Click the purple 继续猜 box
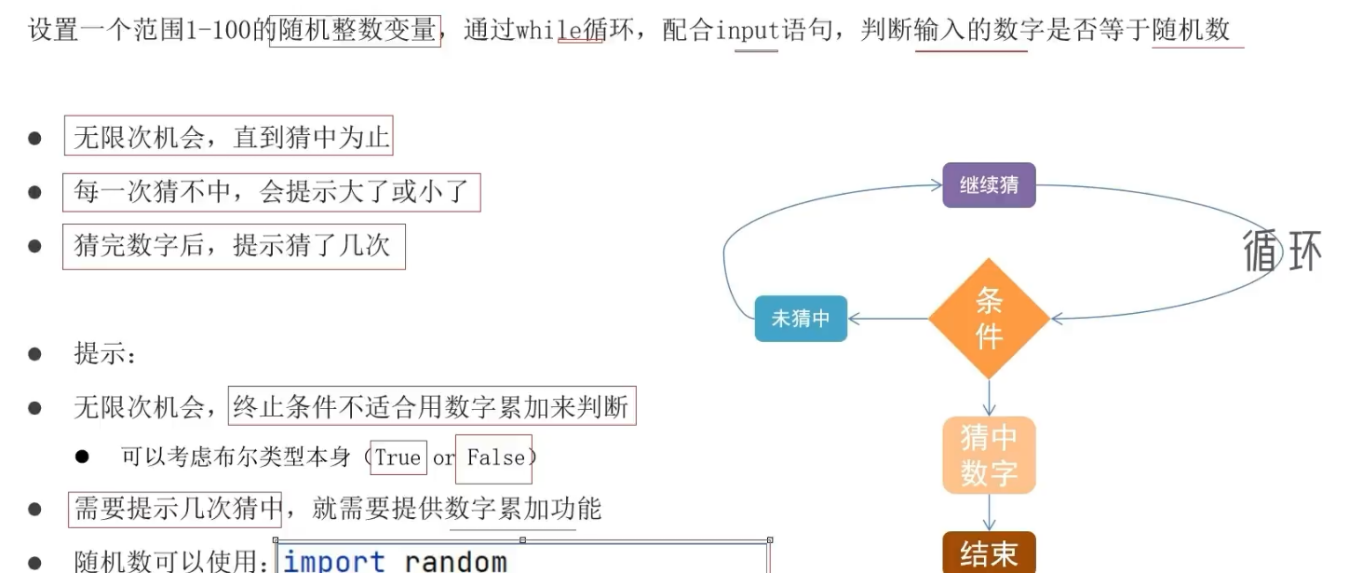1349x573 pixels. (x=989, y=184)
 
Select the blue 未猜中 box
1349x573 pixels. (x=801, y=319)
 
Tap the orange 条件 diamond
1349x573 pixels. (x=989, y=318)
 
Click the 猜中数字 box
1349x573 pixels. (x=989, y=456)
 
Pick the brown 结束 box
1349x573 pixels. (x=989, y=553)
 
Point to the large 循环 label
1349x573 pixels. (x=1282, y=250)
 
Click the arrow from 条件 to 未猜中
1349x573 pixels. (x=888, y=319)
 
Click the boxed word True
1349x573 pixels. (x=398, y=457)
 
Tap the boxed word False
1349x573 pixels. (x=494, y=457)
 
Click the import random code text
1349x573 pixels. (x=396, y=561)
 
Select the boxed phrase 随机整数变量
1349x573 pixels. (x=355, y=30)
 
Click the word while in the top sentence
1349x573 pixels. (x=550, y=30)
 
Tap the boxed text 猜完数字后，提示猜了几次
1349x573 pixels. (x=233, y=247)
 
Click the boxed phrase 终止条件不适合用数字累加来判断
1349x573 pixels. (x=432, y=406)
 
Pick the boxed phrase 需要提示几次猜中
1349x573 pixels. (x=176, y=509)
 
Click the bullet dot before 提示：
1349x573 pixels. (x=35, y=354)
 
